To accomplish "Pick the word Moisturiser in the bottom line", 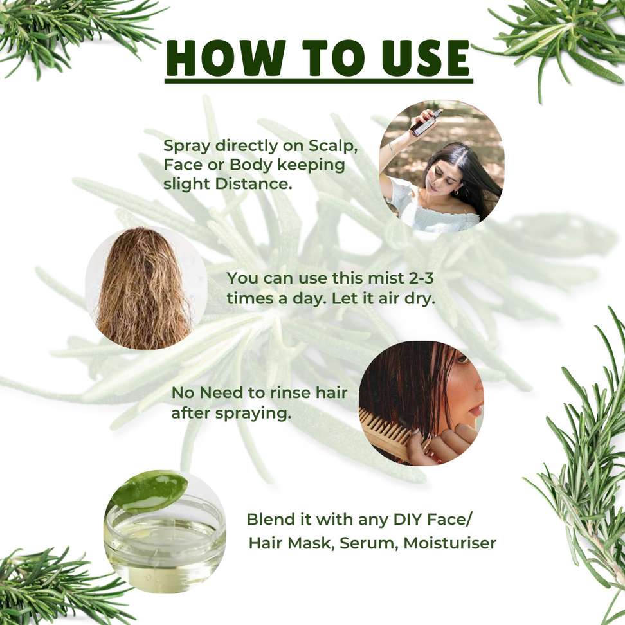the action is click(x=450, y=543).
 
